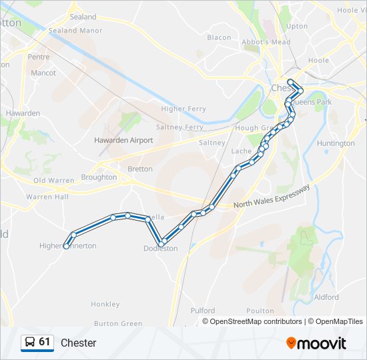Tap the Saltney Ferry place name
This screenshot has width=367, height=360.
pyautogui.click(x=179, y=127)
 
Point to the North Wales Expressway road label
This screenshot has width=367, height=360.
pyautogui.click(x=272, y=197)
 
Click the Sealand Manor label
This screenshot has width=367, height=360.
pyautogui.click(x=75, y=31)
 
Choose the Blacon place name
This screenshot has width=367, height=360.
pyautogui.click(x=219, y=37)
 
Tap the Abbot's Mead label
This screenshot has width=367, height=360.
pyautogui.click(x=266, y=42)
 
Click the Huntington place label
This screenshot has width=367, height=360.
pyautogui.click(x=336, y=143)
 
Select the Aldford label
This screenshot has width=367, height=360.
pyautogui.click(x=326, y=297)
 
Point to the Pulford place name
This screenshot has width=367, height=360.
pyautogui.click(x=203, y=311)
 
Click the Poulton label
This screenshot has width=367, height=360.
pyautogui.click(x=260, y=311)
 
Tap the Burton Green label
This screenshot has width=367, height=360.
pyautogui.click(x=118, y=324)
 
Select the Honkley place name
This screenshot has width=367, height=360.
pyautogui.click(x=105, y=304)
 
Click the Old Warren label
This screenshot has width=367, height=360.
pyautogui.click(x=54, y=180)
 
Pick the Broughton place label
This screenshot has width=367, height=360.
pyautogui.click(x=99, y=177)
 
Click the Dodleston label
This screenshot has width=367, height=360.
pyautogui.click(x=161, y=249)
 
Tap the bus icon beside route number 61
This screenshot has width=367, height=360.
pyautogui.click(x=29, y=343)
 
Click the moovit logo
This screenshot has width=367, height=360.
pyautogui.click(x=316, y=343)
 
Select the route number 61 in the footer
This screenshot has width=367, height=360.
pyautogui.click(x=45, y=342)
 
